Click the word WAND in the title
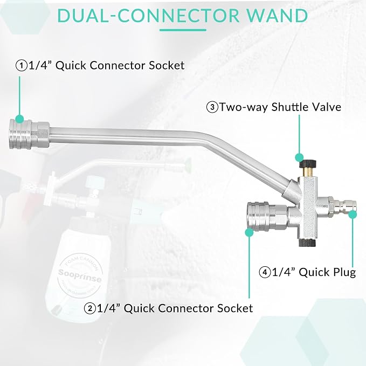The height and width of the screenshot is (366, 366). click(277, 16)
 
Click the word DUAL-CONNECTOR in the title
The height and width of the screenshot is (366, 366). click(148, 16)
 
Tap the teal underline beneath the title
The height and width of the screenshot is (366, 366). click(183, 30)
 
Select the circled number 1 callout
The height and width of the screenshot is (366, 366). click(22, 65)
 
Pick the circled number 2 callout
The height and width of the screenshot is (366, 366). click(90, 308)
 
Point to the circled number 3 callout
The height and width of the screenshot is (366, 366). click(212, 107)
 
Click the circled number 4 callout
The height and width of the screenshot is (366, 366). click(265, 272)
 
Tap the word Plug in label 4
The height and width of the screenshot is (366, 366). click(344, 273)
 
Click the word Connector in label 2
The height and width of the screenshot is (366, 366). click(186, 308)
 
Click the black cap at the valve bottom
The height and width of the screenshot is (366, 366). click(307, 243)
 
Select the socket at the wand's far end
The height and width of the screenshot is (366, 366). click(29, 134)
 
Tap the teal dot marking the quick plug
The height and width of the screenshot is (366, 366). click(353, 215)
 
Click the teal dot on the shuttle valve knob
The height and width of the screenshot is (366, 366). click(299, 157)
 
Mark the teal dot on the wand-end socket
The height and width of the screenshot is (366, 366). click(19, 119)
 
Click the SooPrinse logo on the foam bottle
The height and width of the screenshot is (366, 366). click(80, 275)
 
